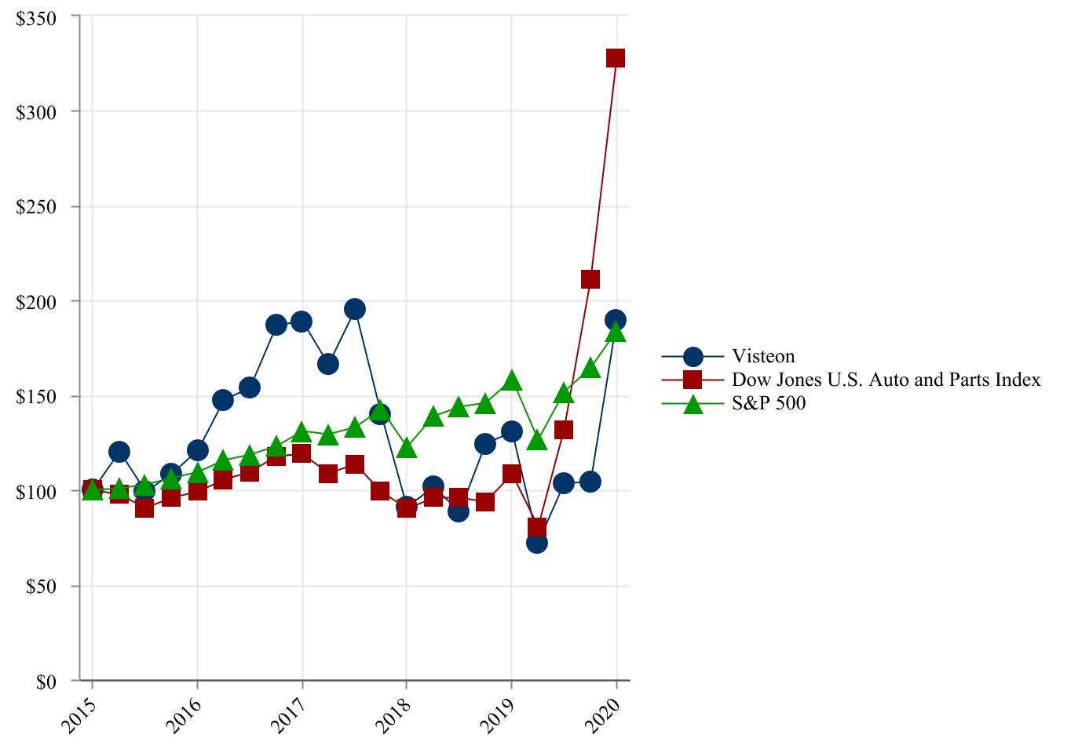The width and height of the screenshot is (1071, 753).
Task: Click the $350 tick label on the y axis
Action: (36, 18)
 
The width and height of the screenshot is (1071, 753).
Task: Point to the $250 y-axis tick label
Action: (36, 207)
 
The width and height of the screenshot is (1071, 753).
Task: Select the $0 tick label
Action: (46, 682)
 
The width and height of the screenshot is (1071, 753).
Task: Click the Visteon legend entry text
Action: (763, 357)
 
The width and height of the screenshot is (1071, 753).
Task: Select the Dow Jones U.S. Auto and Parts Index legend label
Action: (886, 380)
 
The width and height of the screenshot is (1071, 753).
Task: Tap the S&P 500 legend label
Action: (769, 403)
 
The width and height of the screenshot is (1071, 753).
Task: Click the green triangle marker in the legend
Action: (693, 404)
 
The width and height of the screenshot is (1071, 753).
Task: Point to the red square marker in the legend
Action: (693, 380)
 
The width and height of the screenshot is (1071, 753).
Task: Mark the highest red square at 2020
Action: (616, 58)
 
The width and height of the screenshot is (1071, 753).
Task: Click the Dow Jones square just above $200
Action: (590, 279)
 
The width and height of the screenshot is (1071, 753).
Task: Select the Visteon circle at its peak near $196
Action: (354, 309)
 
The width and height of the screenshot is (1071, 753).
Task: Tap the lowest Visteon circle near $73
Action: (537, 542)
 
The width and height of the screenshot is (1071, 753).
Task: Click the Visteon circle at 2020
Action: (616, 320)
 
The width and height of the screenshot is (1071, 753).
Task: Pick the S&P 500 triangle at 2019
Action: (512, 381)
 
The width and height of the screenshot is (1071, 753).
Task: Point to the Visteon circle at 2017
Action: (302, 322)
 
